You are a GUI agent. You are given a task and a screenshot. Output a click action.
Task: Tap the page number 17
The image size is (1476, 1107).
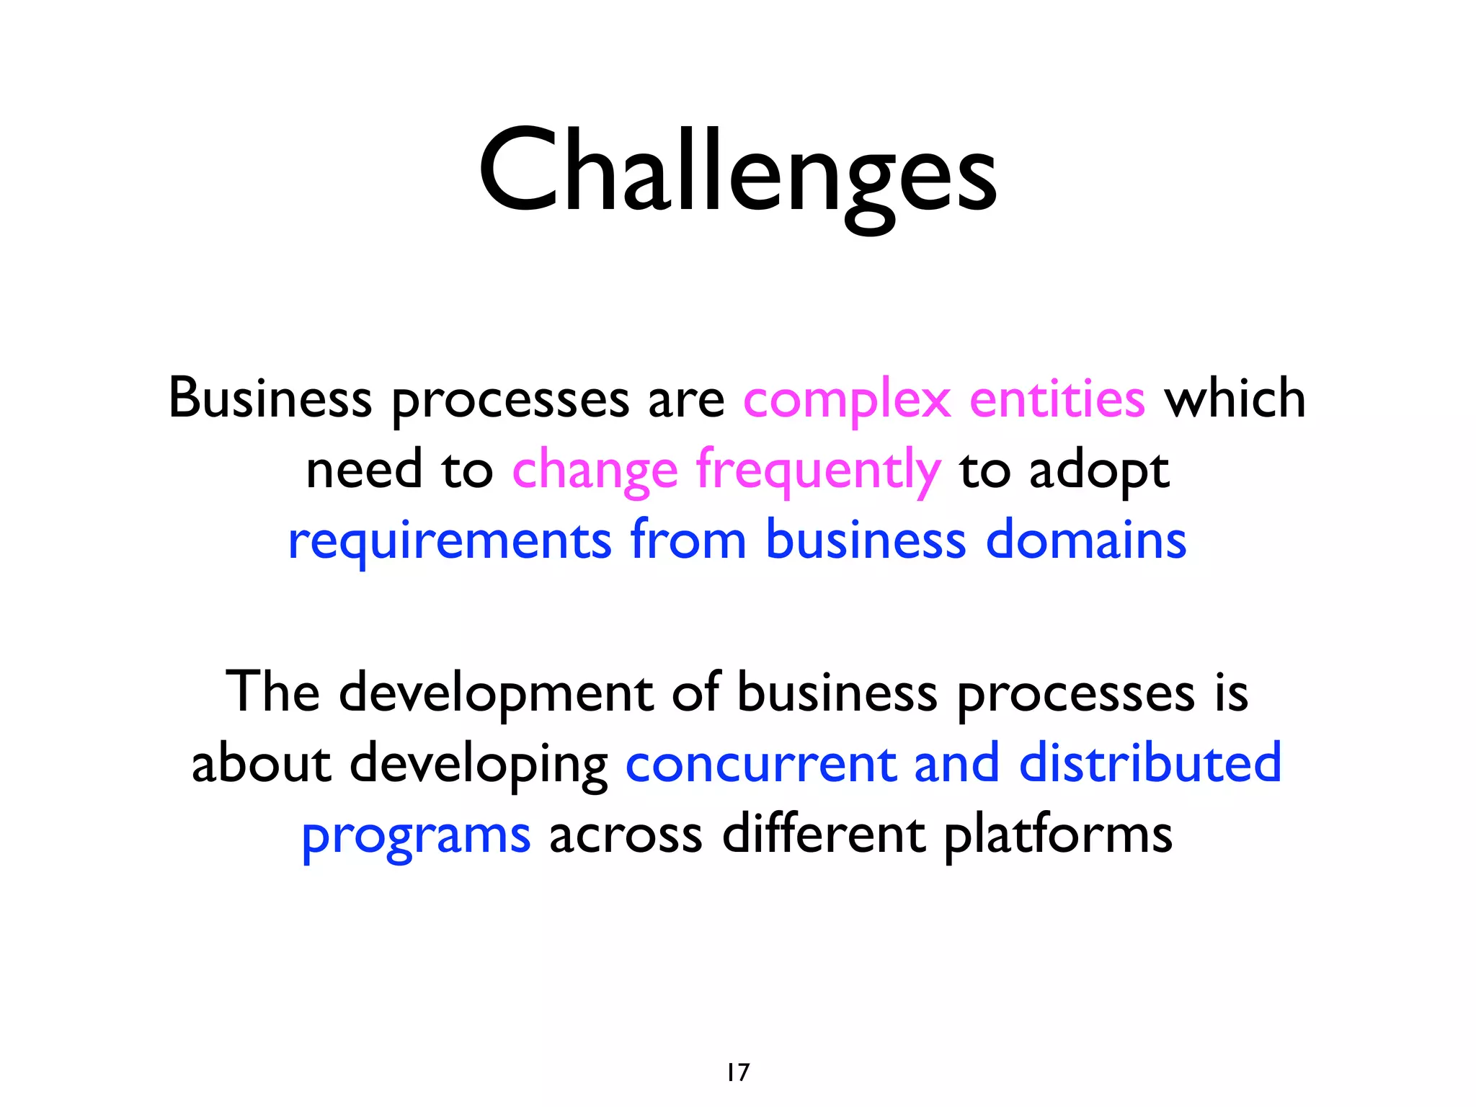(738, 1072)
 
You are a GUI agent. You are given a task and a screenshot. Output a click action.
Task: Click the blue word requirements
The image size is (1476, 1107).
(450, 541)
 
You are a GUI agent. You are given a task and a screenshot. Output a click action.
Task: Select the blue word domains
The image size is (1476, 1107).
(1085, 540)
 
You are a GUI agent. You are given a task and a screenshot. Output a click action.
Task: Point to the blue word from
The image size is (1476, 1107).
(688, 540)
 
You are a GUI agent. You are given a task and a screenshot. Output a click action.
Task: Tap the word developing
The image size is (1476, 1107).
(479, 764)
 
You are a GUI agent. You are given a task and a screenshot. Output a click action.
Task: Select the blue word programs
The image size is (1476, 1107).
(416, 836)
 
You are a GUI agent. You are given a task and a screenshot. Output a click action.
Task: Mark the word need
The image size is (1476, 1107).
(364, 470)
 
